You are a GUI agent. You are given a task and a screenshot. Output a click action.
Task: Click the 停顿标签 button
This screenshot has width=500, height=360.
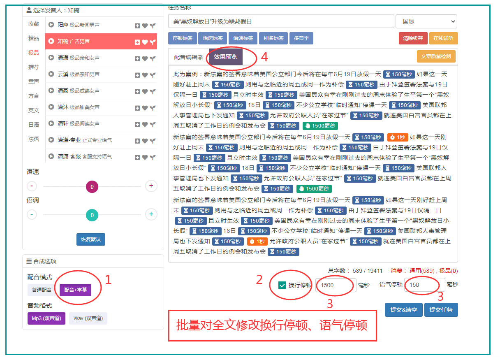[x=183, y=38]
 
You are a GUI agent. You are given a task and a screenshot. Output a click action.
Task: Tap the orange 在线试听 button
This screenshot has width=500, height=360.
[x=443, y=38]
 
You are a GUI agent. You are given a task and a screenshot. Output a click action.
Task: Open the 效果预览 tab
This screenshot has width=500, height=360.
[x=225, y=57]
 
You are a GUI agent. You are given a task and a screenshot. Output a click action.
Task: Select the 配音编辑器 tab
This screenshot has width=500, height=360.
[x=188, y=57]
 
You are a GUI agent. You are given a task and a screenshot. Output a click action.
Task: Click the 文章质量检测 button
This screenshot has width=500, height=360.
[x=436, y=56]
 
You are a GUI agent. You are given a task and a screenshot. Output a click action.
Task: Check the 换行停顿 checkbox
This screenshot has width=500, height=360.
[x=282, y=285]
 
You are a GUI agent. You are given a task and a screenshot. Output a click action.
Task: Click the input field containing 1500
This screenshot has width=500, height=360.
[x=336, y=285]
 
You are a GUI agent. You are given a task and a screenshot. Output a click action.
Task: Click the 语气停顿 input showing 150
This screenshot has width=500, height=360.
[x=424, y=285]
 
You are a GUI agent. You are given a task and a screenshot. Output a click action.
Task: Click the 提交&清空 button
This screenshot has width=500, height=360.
[x=403, y=310]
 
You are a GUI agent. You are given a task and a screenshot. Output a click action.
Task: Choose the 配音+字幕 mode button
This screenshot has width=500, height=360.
[x=75, y=290]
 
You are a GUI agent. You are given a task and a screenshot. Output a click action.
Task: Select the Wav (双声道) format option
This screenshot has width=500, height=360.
[x=88, y=318]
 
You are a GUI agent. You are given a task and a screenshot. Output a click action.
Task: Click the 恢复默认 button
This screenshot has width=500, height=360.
[x=90, y=239]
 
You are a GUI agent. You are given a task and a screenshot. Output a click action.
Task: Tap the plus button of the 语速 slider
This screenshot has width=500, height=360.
[x=151, y=186]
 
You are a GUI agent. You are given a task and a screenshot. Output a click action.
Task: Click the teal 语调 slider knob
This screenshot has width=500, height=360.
[x=92, y=215]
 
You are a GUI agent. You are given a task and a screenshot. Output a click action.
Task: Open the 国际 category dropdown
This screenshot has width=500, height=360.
[x=426, y=21]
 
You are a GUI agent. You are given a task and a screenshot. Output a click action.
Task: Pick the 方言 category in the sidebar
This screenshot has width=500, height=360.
[x=34, y=96]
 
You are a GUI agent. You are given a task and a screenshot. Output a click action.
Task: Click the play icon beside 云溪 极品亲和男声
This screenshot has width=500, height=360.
[x=51, y=74]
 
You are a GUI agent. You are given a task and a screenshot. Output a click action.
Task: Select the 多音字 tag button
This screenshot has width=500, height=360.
[x=301, y=38]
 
